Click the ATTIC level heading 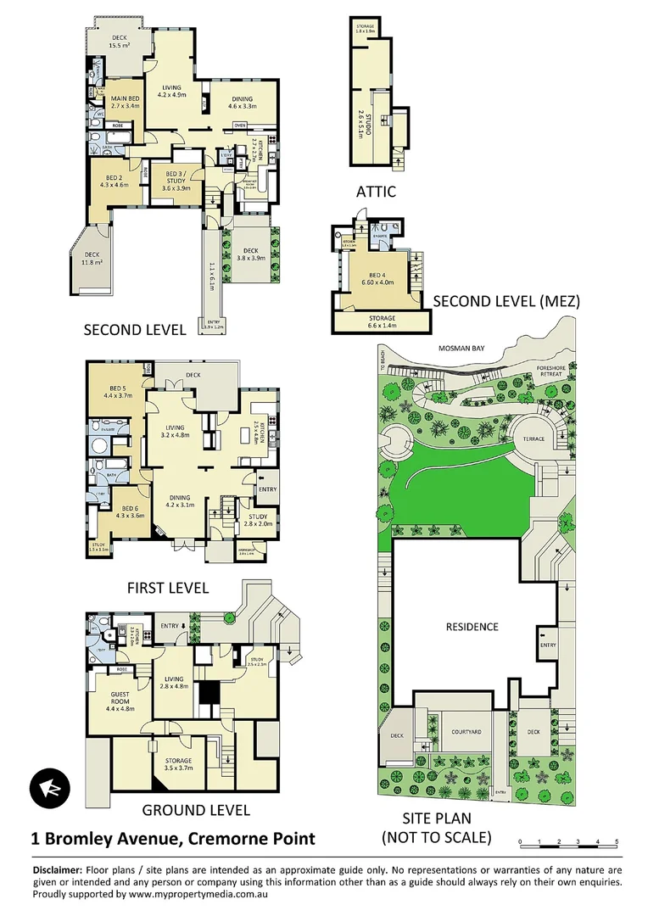click(x=376, y=192)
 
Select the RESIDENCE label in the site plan click(x=472, y=627)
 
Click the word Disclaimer click(x=57, y=870)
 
